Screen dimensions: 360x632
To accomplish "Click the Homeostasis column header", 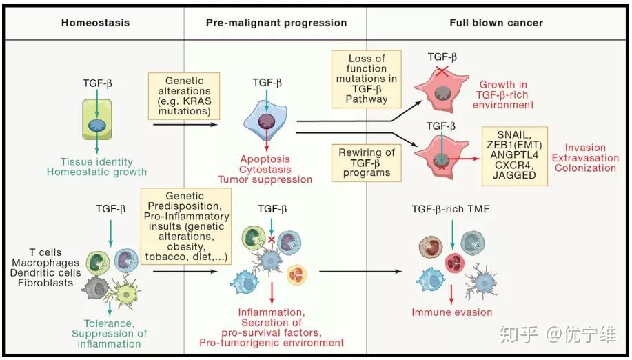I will point(95,23).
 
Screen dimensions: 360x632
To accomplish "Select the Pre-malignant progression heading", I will point(276,23).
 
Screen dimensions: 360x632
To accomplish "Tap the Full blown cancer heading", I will point(496,23).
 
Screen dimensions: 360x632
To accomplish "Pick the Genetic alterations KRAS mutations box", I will point(184,95).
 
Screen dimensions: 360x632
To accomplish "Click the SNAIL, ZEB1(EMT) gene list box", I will point(514,155).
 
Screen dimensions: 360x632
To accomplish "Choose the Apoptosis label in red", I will point(265,158).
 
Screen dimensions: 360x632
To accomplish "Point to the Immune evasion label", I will point(452,312).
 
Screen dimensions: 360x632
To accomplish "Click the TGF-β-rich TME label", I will point(451,209).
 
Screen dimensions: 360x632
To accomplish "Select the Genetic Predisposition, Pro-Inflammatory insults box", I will point(185,226).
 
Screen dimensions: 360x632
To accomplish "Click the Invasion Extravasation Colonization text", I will point(585,157).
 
